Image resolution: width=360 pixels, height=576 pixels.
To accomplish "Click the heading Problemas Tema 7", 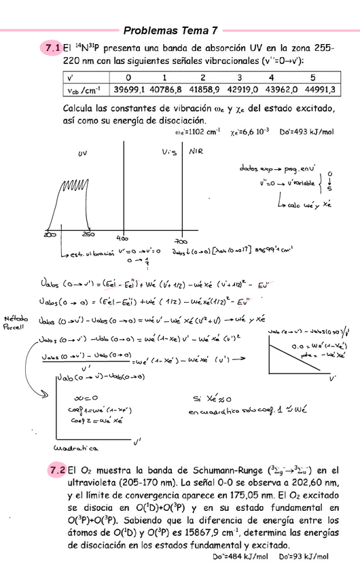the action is (x=170, y=31).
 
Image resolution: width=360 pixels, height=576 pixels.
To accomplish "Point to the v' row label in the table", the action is (x=71, y=77).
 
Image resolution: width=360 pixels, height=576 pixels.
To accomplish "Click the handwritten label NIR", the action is (x=196, y=151).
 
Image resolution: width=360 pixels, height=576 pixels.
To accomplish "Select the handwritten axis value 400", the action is (x=123, y=238).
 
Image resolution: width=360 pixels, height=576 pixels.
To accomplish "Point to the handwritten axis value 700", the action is (x=181, y=240).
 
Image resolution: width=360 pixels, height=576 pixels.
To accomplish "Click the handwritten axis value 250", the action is (x=88, y=234).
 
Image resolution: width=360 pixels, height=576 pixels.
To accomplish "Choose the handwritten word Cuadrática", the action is (x=75, y=448).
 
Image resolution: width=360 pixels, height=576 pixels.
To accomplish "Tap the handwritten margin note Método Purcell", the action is (x=16, y=322).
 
